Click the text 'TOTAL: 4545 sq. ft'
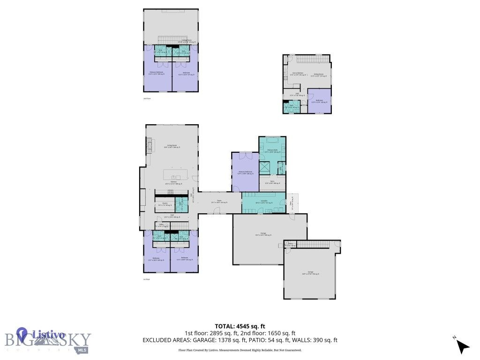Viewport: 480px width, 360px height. (x=240, y=326)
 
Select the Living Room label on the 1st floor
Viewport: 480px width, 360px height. (x=172, y=146)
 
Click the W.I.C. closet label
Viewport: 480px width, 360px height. (x=272, y=182)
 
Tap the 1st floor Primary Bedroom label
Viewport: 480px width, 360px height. (x=245, y=172)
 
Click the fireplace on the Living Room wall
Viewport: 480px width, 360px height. (x=150, y=145)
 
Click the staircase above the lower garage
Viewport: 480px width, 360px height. (x=313, y=244)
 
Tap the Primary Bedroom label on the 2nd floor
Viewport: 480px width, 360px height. (x=157, y=73)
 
